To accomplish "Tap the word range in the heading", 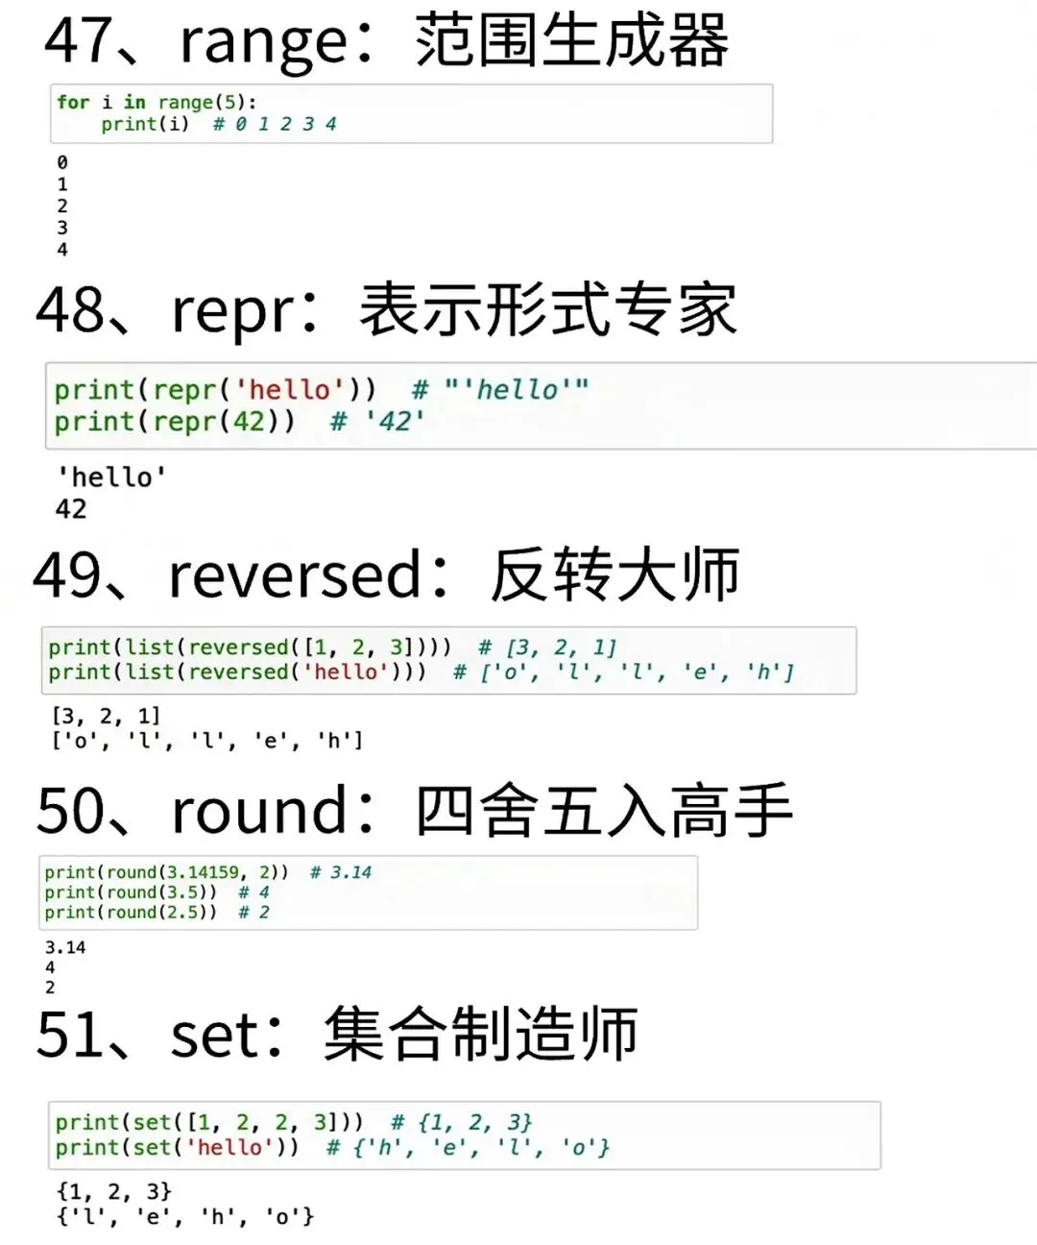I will pyautogui.click(x=263, y=44).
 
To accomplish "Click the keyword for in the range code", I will pyautogui.click(x=72, y=102).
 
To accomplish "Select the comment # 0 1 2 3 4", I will pyautogui.click(x=275, y=124).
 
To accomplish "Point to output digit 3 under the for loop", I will pyautogui.click(x=62, y=228).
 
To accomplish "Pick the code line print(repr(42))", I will pyautogui.click(x=175, y=422).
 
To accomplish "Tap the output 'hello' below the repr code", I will pyautogui.click(x=111, y=477).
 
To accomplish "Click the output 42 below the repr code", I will pyautogui.click(x=71, y=509).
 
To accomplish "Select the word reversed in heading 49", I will pyautogui.click(x=294, y=575).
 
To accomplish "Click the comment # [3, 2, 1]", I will pyautogui.click(x=547, y=647).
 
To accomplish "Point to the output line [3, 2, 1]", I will pyautogui.click(x=107, y=716).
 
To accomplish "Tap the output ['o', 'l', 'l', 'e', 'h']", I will pyautogui.click(x=207, y=741).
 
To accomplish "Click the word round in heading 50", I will pyautogui.click(x=258, y=811).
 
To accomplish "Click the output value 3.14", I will pyautogui.click(x=65, y=947).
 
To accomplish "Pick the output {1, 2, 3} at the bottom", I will pyautogui.click(x=113, y=1192).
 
